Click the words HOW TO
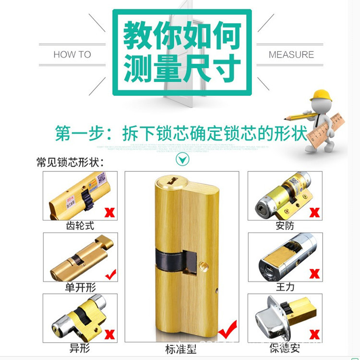coord(72,54)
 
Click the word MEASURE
coord(291,54)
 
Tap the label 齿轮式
coord(80,226)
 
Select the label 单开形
coord(80,287)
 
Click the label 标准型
coord(181,349)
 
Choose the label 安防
coord(285,226)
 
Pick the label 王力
coord(285,287)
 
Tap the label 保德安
coord(285,348)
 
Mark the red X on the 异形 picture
coord(110,334)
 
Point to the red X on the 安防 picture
coord(315,212)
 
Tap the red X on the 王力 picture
coord(315,274)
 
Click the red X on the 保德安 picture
coord(315,334)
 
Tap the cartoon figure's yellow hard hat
coord(321,95)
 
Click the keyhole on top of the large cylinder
coord(170,181)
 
